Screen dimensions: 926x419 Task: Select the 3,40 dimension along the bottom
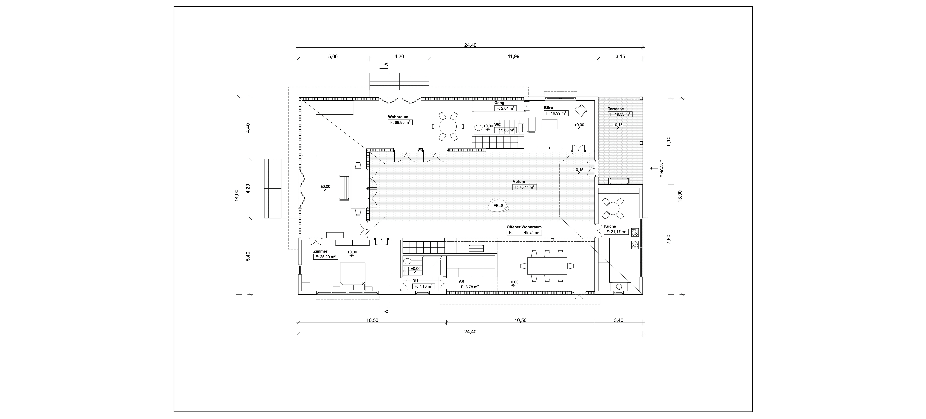618,320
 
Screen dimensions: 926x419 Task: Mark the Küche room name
610,226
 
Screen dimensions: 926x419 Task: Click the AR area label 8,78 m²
470,287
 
